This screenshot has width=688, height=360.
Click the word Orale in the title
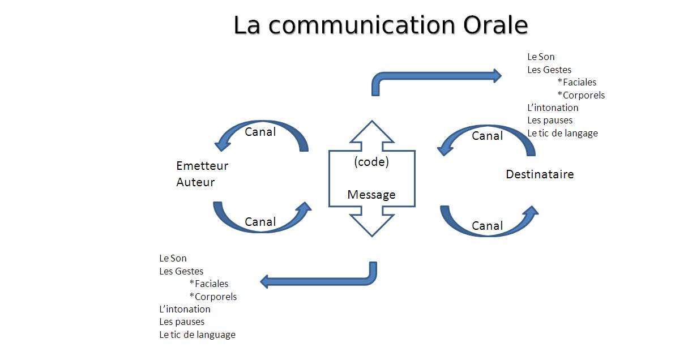point(495,25)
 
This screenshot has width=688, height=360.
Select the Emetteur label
point(202,166)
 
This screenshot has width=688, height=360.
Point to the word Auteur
point(195,182)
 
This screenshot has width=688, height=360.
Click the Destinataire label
point(539,174)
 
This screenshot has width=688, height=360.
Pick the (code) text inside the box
point(371,162)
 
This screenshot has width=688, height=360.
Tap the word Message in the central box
point(371,195)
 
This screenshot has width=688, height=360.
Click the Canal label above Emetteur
point(260,132)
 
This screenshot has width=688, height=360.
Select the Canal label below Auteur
point(260,222)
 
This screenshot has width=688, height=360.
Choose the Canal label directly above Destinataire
point(487,136)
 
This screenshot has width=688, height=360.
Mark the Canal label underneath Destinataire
point(487,226)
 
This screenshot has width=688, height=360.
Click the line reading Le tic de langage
point(562,133)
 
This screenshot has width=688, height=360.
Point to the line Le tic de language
point(197,335)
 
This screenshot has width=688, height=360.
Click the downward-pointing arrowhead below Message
point(371,226)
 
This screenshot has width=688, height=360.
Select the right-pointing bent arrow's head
point(496,75)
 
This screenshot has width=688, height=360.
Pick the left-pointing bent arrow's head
point(266,281)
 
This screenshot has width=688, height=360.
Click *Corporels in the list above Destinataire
point(580,95)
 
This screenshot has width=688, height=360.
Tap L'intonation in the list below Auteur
point(185,309)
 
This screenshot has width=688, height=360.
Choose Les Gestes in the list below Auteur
point(181,271)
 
